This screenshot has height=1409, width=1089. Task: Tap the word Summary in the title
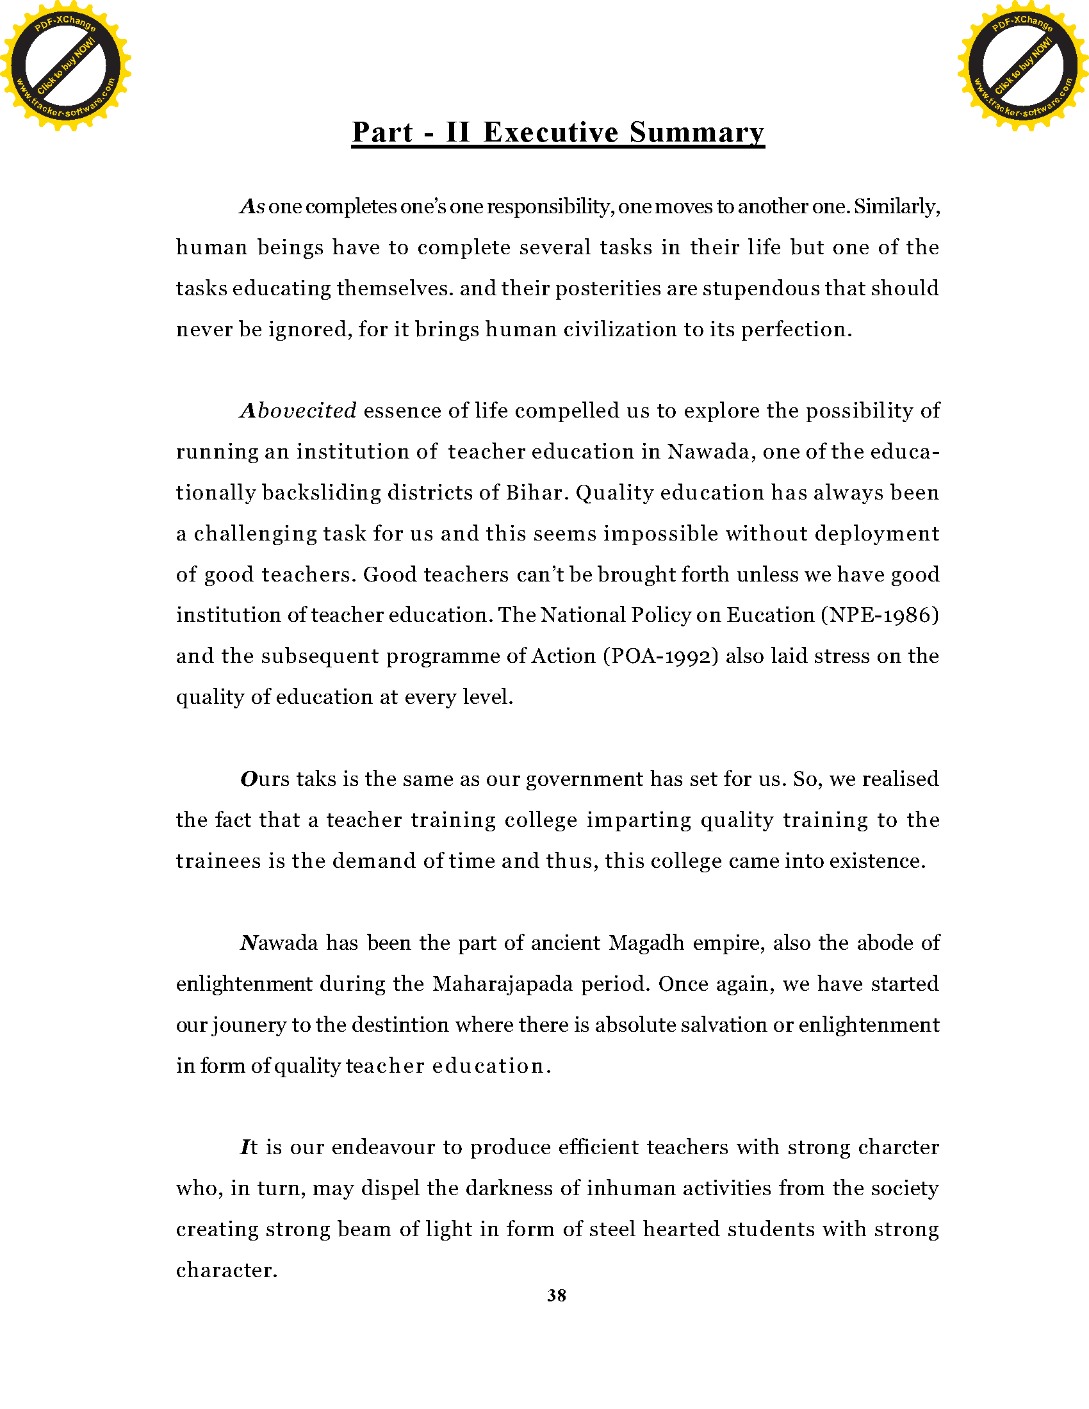point(697,133)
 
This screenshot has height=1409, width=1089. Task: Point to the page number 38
point(557,1296)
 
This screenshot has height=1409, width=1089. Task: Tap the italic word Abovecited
point(298,411)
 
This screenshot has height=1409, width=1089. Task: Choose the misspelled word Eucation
point(770,615)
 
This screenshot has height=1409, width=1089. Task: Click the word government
point(584,779)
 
